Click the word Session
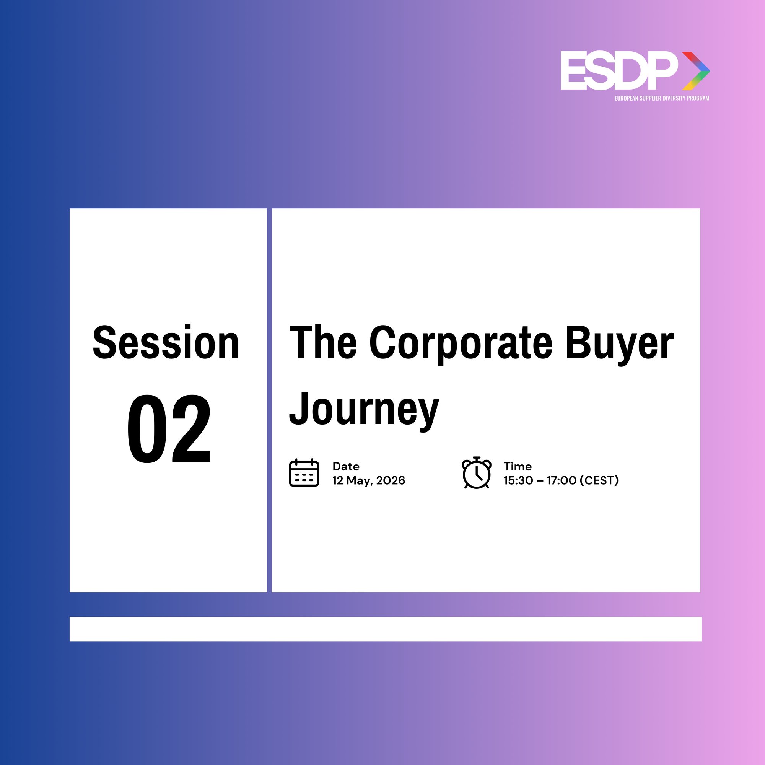tap(166, 342)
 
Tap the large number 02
tap(169, 428)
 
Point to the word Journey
tap(364, 410)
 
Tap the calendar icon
tap(304, 472)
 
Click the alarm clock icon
tap(477, 472)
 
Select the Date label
tap(346, 466)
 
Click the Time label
tap(518, 466)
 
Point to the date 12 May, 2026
tap(369, 480)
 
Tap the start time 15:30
tap(518, 480)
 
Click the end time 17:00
tap(562, 480)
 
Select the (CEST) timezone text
tap(599, 480)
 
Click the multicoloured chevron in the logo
tap(696, 71)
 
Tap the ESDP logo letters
tap(619, 70)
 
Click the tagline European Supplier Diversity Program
tap(662, 98)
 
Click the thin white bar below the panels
tap(386, 629)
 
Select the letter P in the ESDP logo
tap(662, 70)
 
